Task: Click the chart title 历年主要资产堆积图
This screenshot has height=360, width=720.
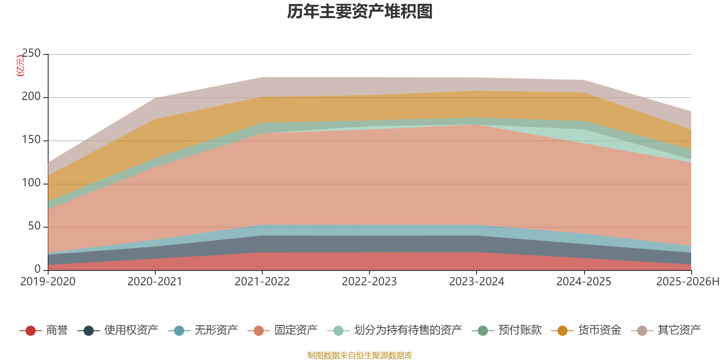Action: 360,12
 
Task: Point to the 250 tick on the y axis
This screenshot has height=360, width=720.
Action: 31,53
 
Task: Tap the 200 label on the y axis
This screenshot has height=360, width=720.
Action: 31,96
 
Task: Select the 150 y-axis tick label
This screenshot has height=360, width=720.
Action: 31,140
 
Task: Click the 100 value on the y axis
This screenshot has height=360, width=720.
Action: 31,183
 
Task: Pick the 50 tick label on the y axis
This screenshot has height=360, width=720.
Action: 34,226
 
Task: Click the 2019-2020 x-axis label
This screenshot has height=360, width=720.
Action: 48,282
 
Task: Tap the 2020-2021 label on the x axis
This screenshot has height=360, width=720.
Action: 155,282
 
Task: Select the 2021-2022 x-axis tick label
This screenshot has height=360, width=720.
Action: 262,282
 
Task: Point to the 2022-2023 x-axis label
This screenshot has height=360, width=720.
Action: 369,282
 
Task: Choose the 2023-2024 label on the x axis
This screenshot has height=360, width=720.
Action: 477,282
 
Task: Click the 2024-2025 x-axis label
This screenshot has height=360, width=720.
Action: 584,282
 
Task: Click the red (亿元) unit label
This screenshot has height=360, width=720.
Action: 20,66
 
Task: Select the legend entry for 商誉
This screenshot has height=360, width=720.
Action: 44,330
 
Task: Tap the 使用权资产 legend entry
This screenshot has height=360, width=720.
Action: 118,330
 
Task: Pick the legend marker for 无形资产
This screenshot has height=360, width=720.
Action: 179,330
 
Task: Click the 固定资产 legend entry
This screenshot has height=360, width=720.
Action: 283,330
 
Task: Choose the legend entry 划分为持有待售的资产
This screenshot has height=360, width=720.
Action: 395,330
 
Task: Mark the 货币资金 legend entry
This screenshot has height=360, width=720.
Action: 586,330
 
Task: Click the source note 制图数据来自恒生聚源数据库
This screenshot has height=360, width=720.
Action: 360,355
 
